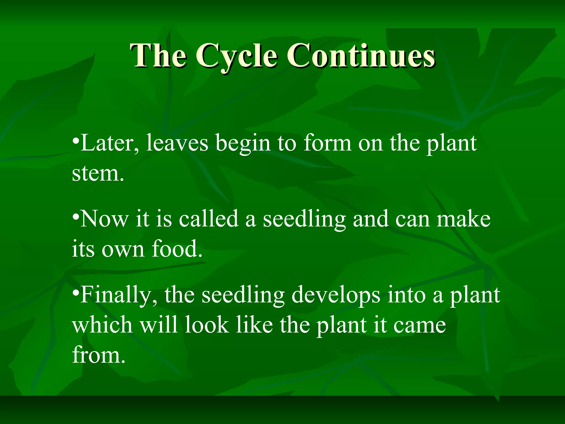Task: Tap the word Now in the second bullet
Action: point(104,219)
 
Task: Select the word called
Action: point(209,219)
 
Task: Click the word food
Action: point(177,248)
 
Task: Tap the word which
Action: point(102,325)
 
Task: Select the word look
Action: point(207,325)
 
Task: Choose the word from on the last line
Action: point(98,355)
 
